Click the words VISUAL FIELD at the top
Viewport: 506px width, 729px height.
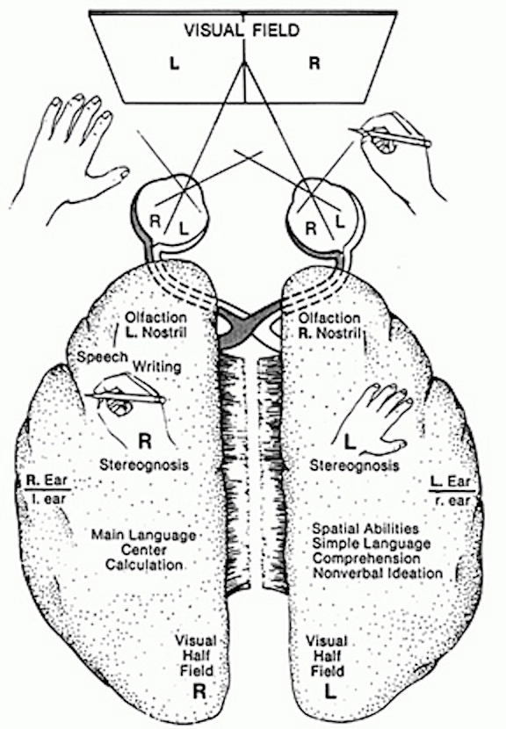coord(242,31)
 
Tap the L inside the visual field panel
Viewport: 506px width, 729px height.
coord(174,64)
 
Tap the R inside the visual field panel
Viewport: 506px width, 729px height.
coord(314,62)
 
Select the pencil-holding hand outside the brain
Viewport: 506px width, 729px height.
coord(395,154)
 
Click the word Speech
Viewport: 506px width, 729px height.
coord(102,357)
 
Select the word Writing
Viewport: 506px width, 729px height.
coord(157,366)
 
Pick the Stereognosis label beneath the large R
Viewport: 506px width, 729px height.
coord(144,465)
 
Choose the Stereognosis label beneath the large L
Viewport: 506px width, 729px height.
coord(354,465)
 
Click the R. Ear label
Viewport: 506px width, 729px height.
coord(47,480)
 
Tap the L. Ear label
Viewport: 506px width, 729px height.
coord(452,481)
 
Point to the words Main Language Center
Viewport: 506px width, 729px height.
coord(144,542)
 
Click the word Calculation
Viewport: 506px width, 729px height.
coord(144,565)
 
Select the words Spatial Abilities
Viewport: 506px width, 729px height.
coord(365,529)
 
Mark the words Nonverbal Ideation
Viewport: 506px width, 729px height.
coord(378,573)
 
